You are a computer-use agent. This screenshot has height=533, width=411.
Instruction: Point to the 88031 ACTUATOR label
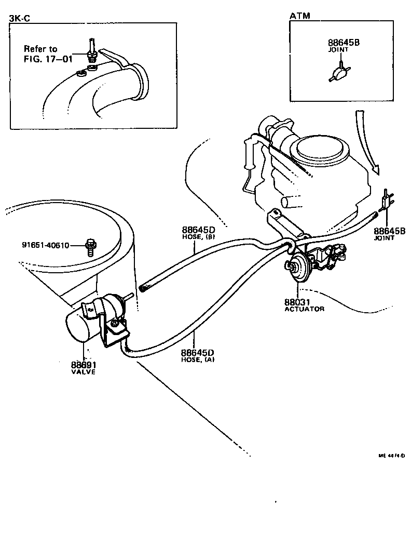click(304, 305)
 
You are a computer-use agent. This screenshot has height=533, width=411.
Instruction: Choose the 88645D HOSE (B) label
click(198, 233)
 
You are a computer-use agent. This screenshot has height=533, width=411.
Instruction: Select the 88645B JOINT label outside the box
click(389, 233)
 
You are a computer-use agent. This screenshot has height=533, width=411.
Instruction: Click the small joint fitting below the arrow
click(386, 201)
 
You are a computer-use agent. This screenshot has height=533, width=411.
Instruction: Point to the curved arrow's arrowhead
click(376, 169)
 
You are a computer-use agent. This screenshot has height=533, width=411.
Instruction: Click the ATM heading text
click(299, 16)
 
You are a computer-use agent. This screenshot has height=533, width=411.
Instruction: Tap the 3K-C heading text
click(19, 19)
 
